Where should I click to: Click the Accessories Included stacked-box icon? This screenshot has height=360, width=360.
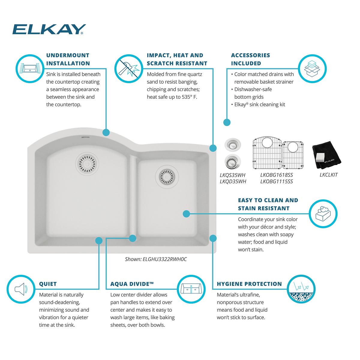312,68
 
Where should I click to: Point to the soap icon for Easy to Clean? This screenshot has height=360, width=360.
323,214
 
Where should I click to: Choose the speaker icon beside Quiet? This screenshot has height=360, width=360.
21,289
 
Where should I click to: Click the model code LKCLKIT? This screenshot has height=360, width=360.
328,175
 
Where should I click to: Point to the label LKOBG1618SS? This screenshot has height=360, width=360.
277,175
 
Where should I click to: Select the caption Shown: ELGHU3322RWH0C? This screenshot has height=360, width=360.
156,259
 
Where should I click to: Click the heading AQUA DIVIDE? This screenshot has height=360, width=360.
132,284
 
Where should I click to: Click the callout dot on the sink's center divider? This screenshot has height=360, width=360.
132,238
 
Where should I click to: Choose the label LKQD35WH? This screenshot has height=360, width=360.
233,181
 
